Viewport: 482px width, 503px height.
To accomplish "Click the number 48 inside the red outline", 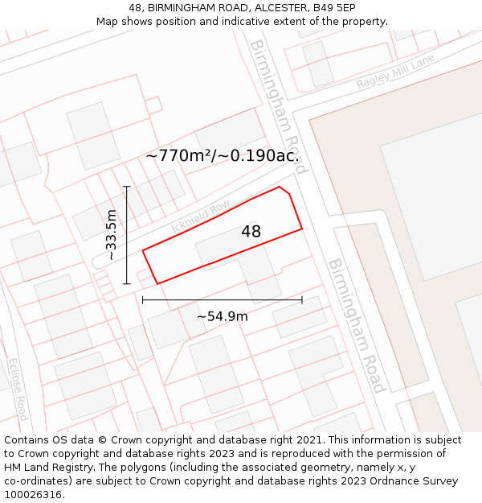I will tap(251, 232).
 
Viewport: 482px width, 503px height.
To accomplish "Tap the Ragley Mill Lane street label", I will tap(395, 72).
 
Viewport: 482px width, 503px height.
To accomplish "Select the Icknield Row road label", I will tap(201, 217).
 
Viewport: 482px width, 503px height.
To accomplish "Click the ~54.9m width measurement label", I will tap(223, 316).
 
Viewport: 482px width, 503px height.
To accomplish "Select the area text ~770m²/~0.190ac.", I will tap(223, 156).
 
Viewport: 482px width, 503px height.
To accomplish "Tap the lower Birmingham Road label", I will tap(357, 325).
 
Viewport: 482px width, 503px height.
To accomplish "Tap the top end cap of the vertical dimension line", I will tap(126, 187).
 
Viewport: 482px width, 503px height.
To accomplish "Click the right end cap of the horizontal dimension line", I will tap(302, 300).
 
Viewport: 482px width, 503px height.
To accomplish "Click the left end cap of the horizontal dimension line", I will tap(143, 300).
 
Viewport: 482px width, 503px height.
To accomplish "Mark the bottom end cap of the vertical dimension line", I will tap(126, 283).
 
